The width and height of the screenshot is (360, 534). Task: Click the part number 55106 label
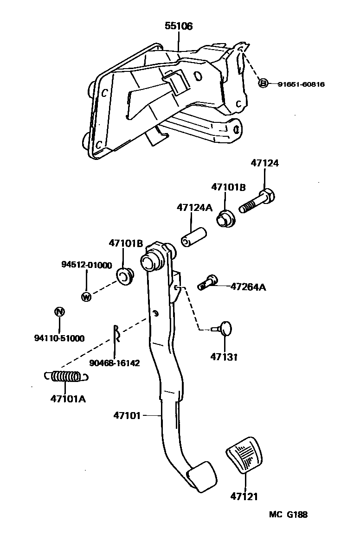[x=179, y=26]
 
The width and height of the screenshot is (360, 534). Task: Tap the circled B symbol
[x=263, y=83]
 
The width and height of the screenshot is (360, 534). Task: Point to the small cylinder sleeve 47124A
[x=193, y=236]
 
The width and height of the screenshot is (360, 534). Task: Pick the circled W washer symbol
[x=86, y=297]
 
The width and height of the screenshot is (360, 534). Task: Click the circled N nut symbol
[x=59, y=311]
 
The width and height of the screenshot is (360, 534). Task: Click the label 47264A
[x=248, y=287]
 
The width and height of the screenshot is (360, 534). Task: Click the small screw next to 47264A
[x=207, y=281]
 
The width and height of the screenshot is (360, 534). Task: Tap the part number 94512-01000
[x=87, y=265]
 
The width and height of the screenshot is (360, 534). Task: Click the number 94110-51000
[x=59, y=338]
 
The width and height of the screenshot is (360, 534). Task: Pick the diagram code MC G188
[x=288, y=514]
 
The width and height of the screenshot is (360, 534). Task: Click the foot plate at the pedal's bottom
[x=201, y=476]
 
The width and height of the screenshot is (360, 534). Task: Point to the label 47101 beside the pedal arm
[x=126, y=415]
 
